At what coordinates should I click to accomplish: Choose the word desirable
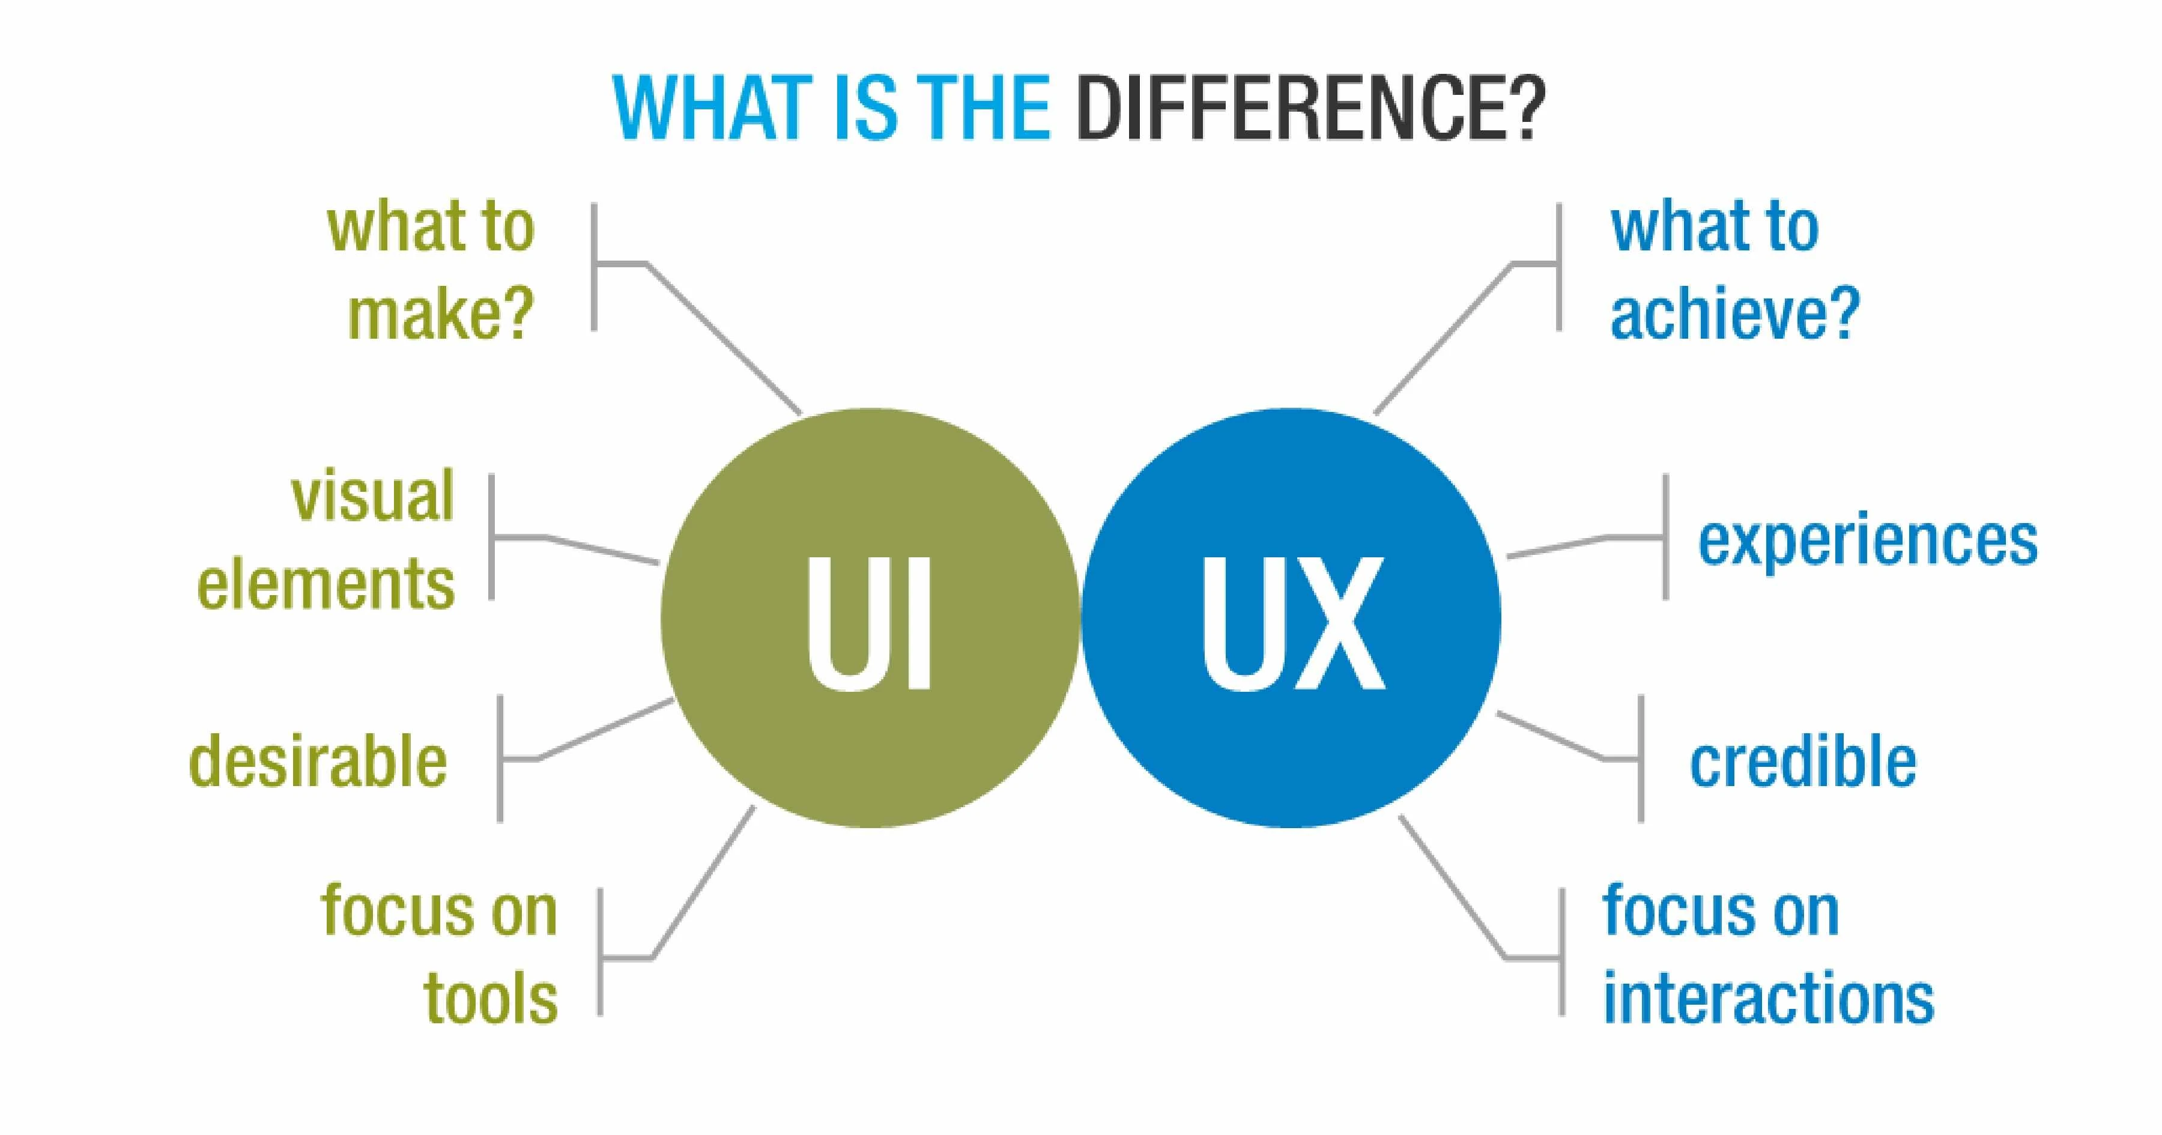pyautogui.click(x=318, y=761)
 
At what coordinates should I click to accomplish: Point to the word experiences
pyautogui.click(x=1867, y=542)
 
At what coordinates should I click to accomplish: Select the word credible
pyautogui.click(x=1803, y=761)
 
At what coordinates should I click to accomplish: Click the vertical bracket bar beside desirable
pyautogui.click(x=500, y=758)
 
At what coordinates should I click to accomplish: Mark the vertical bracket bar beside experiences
pyautogui.click(x=1665, y=537)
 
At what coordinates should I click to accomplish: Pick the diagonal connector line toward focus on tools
pyautogui.click(x=703, y=882)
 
